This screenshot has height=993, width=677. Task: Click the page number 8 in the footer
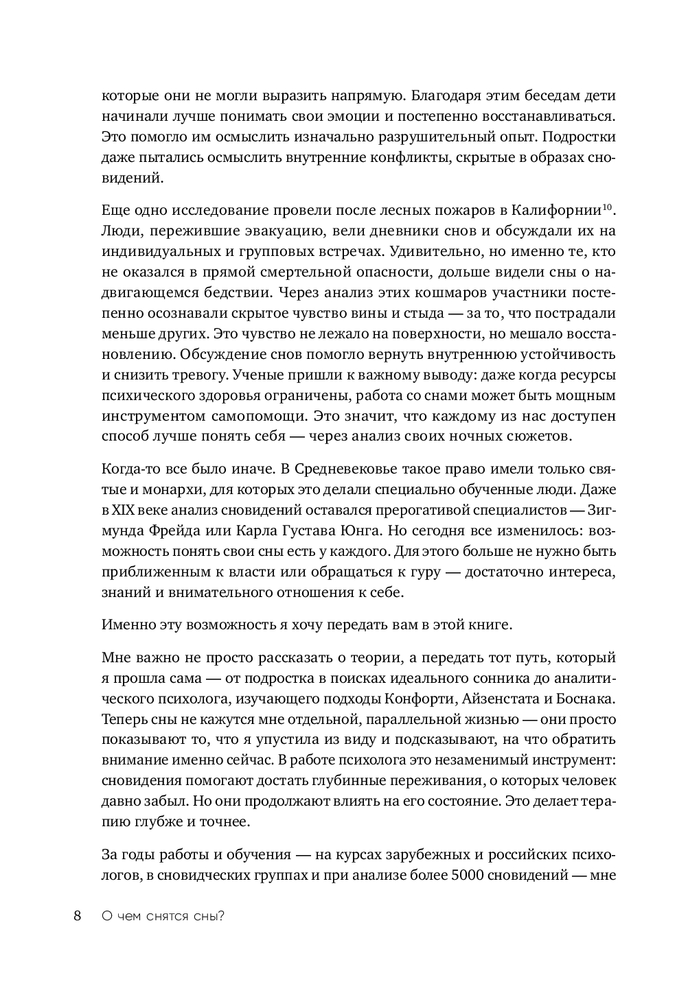(x=77, y=915)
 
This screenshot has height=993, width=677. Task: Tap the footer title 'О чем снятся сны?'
(x=163, y=916)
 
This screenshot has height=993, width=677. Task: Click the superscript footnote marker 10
(x=606, y=206)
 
